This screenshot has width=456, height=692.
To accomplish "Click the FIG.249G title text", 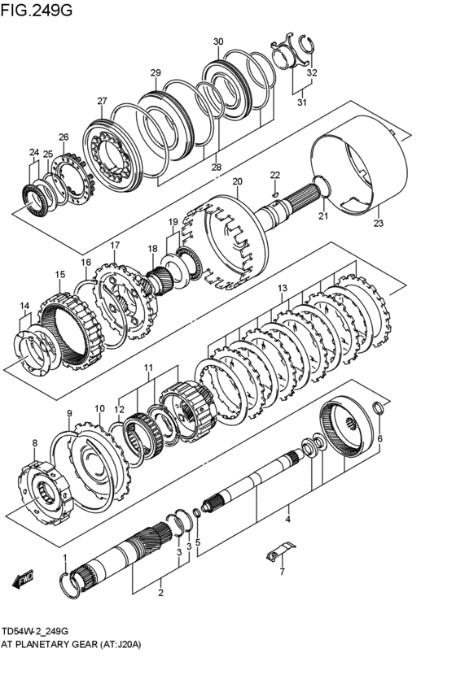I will (37, 11).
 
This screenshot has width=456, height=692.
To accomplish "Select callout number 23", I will (378, 223).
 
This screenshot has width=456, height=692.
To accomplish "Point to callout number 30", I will (217, 41).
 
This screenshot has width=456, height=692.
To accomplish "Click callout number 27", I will (102, 102).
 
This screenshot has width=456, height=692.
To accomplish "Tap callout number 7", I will (282, 572).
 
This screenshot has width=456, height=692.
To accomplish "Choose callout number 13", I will (282, 289).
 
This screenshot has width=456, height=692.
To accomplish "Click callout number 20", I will (237, 181).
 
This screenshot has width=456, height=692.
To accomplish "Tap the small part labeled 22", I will (276, 192).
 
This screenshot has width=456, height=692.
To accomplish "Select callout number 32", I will (311, 72).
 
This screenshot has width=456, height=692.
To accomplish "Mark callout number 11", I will (148, 368).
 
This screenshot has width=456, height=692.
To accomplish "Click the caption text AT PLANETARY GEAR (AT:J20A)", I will (72, 644).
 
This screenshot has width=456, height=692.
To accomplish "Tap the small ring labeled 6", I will (377, 410).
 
